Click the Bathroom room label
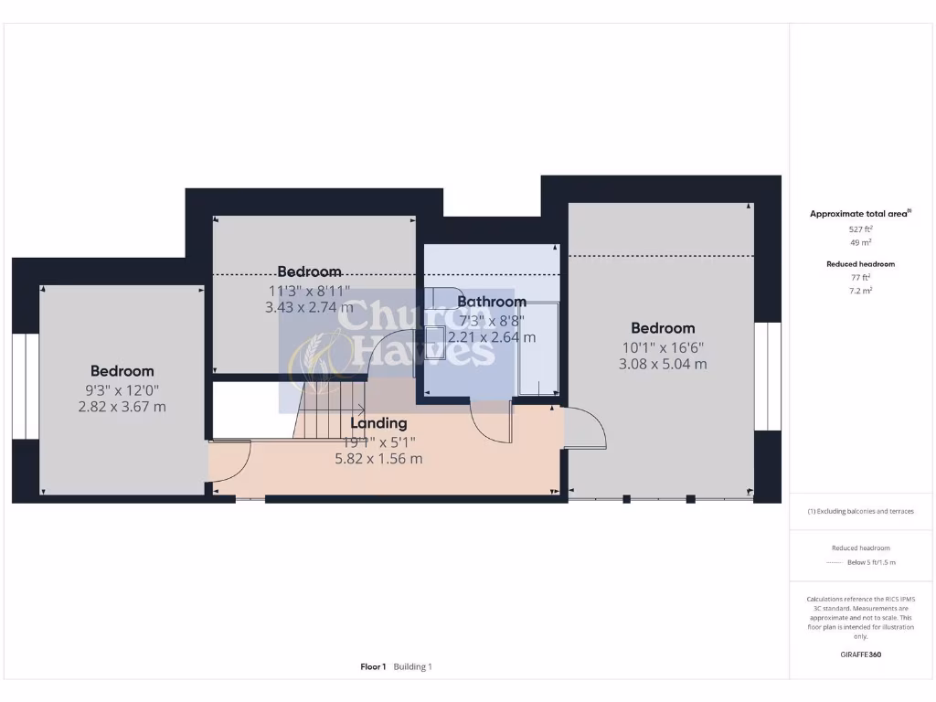coord(492,302)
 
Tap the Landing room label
coord(378,423)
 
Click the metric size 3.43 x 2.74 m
coord(309,307)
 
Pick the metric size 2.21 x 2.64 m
coord(492,337)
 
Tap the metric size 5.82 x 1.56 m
coord(378,459)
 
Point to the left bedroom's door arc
coord(231,463)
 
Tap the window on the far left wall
coord(26,387)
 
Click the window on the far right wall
coord(768,375)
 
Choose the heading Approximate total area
coord(859,214)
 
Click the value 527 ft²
coord(860,229)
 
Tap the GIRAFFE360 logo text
coord(860,654)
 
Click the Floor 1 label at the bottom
coord(373,667)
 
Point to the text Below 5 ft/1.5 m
coord(871,562)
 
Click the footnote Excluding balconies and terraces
coord(860,511)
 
